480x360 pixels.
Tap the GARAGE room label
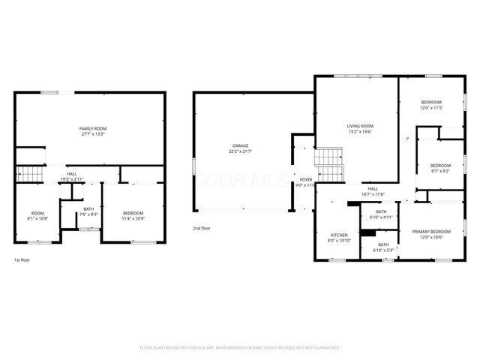240,145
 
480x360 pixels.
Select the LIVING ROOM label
359,126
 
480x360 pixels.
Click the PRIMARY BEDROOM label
430,232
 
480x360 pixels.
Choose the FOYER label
305,179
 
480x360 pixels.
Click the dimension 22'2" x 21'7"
240,152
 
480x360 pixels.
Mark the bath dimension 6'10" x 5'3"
383,250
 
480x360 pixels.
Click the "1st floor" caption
22,259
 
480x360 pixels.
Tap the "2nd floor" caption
202,227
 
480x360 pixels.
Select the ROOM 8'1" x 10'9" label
37,215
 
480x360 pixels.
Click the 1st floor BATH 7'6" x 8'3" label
88,211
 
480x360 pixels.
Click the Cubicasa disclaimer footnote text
240,348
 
